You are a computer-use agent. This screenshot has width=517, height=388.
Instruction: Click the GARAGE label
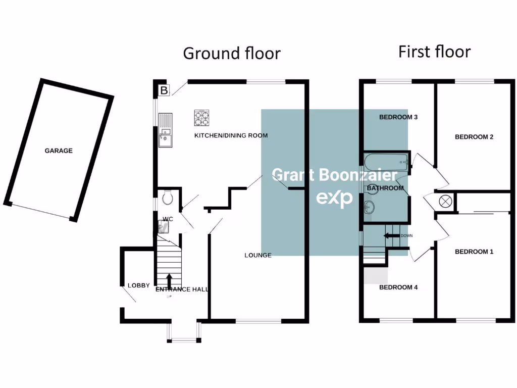point(59,151)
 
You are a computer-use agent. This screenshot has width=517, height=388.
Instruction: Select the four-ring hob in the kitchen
point(202,118)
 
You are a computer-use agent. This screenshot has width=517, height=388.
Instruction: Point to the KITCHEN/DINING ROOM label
point(231,135)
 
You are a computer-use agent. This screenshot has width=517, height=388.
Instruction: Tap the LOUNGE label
point(258,255)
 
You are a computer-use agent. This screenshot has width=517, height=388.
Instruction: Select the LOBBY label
point(138,285)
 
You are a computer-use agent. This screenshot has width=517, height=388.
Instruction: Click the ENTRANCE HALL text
point(182,289)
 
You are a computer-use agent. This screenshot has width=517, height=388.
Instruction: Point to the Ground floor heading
point(232,53)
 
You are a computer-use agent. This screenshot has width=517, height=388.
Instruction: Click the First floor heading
point(434,52)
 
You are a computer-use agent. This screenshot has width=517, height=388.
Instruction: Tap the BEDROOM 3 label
point(398,117)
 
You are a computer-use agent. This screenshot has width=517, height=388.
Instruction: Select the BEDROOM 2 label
point(474,137)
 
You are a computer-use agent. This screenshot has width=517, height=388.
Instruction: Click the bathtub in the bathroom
point(385,163)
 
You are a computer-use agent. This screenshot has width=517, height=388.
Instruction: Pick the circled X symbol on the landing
point(446,201)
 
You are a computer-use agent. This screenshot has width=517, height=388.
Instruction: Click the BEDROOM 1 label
point(474,252)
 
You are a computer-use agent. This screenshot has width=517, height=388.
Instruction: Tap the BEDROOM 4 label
point(398,287)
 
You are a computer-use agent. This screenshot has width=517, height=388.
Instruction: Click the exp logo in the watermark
point(335,198)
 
